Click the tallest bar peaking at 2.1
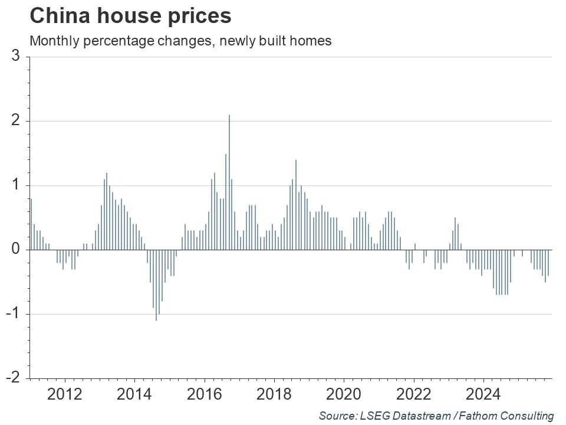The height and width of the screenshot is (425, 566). point(229,183)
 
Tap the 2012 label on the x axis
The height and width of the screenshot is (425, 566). point(64,393)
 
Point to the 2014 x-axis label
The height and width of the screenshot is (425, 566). point(134,393)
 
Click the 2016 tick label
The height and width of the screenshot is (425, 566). point(204,393)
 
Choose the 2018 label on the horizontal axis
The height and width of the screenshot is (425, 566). point(274,393)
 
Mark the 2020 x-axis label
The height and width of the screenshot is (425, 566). point(344,393)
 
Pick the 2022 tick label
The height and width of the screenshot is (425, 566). point(414,393)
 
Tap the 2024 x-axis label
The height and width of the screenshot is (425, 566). point(483,393)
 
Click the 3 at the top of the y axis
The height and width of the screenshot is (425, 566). point(17,57)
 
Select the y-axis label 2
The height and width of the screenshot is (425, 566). point(17,121)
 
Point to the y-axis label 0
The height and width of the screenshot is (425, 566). point(17,250)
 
